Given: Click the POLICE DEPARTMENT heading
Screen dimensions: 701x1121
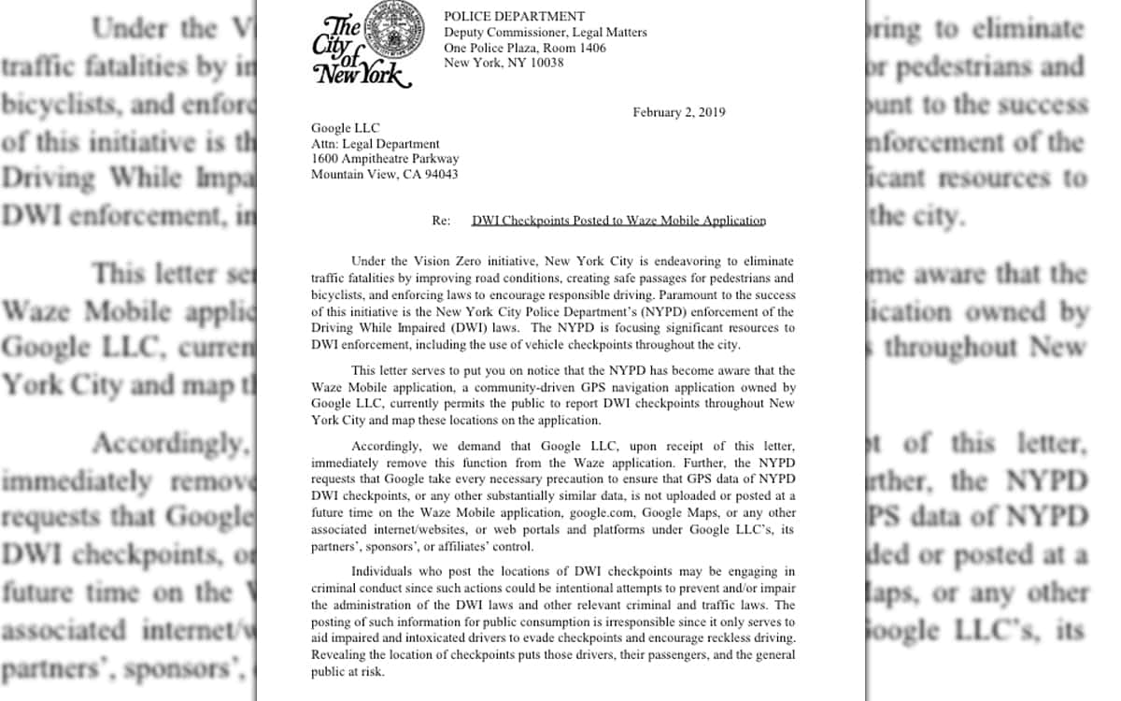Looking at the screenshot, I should click(x=514, y=16).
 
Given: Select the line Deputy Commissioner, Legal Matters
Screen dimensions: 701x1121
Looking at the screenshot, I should click(x=545, y=33).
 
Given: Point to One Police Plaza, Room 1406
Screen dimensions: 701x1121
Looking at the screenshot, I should click(x=524, y=48).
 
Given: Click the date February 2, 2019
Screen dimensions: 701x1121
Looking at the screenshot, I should click(x=678, y=112).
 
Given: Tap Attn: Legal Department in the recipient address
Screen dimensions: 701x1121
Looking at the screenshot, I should click(x=375, y=144).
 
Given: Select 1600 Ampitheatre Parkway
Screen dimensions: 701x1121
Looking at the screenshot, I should click(x=384, y=159).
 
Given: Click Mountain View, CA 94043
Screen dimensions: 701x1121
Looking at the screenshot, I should click(x=384, y=174).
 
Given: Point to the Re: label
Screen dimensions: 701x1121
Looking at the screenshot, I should click(x=441, y=221).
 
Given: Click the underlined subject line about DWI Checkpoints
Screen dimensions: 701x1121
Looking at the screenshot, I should click(x=618, y=221).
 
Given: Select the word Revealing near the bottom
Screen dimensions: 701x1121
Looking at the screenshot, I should click(x=338, y=655).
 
